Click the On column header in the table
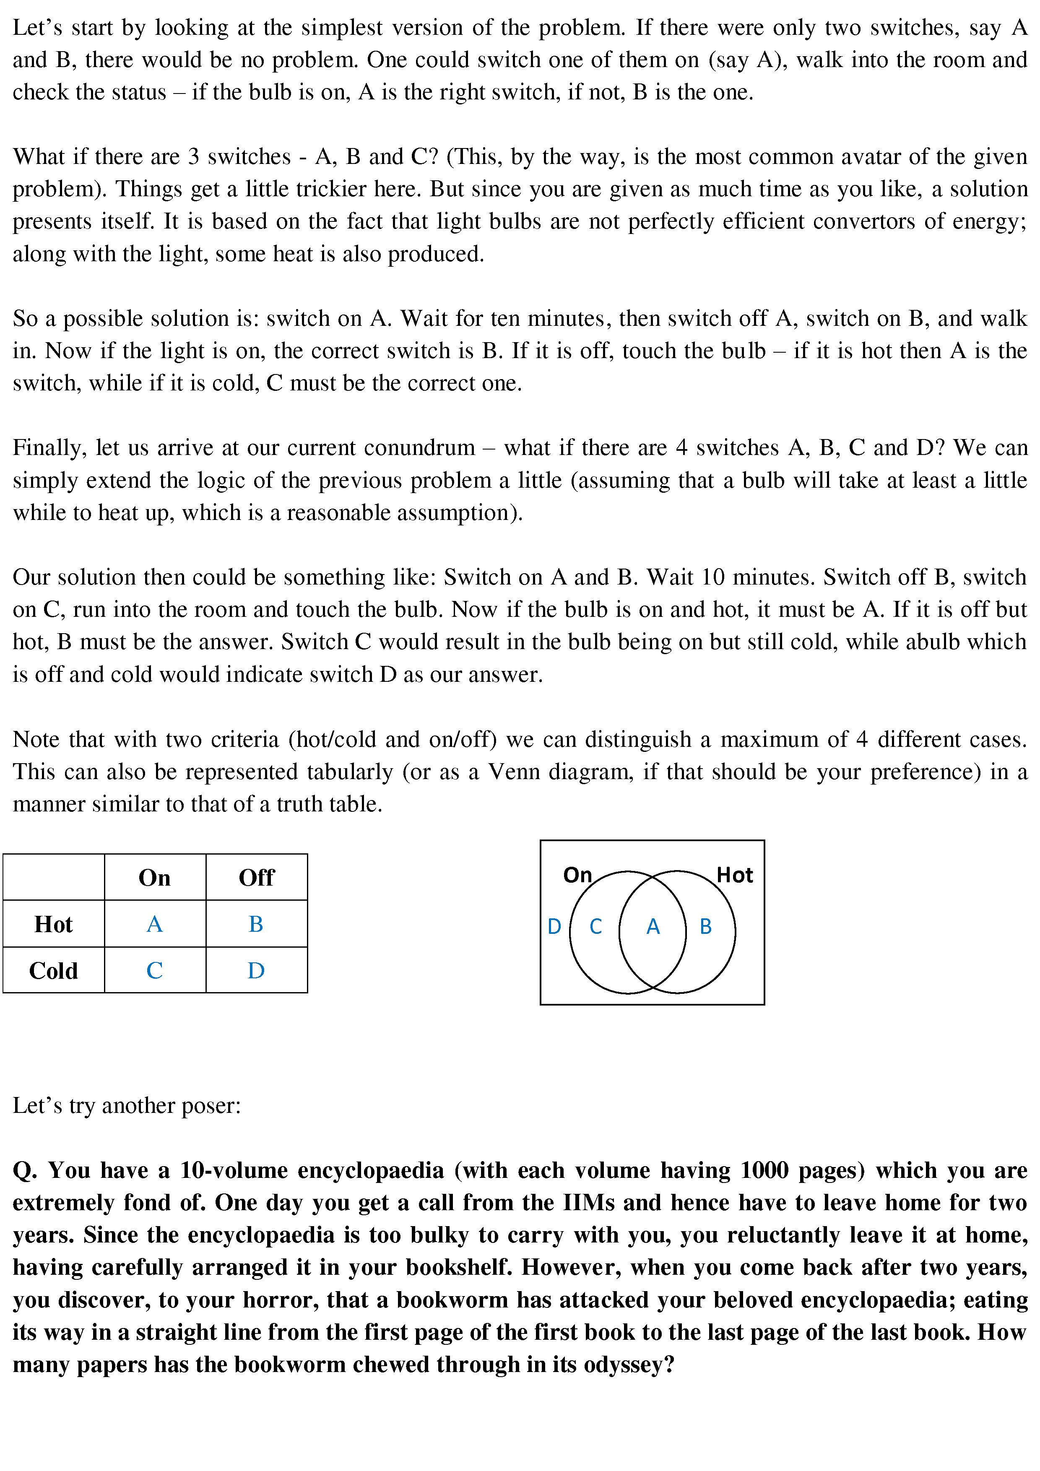(154, 878)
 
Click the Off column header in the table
(256, 878)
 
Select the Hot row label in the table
(53, 925)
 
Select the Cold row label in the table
(53, 971)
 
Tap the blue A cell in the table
(154, 924)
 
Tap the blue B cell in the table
(256, 924)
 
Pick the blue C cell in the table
(154, 971)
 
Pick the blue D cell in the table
(256, 971)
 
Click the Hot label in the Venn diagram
(734, 875)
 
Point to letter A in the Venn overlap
(653, 926)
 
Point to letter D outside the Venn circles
(554, 926)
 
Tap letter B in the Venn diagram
(705, 926)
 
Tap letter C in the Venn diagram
(595, 926)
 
